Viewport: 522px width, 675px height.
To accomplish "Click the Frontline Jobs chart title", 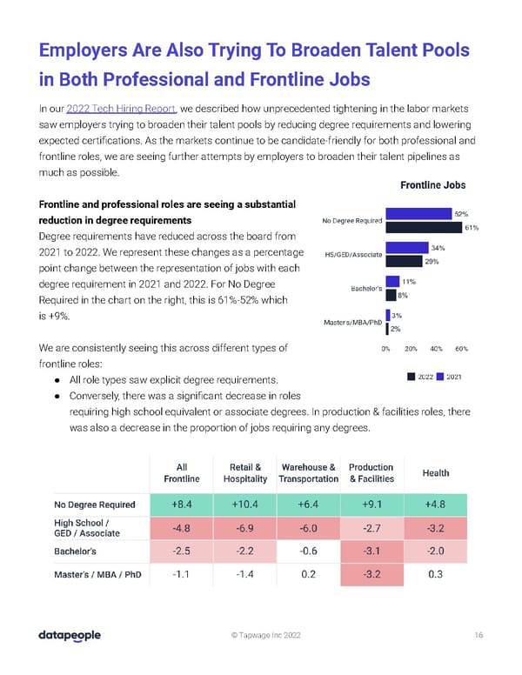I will (432, 185).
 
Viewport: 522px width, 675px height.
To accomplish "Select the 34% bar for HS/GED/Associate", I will (407, 247).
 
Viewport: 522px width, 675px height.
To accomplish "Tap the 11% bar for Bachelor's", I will (392, 281).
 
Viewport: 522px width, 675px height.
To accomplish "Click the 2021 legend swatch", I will (440, 376).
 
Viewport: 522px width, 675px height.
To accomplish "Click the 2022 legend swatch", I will (411, 376).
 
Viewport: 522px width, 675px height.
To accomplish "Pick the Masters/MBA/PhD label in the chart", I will (352, 323).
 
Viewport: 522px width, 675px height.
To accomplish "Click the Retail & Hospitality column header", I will (246, 472).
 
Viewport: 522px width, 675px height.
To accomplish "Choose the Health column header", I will (435, 472).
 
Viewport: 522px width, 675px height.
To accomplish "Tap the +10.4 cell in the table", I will (246, 504).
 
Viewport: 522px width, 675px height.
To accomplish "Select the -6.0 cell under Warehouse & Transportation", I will (309, 529).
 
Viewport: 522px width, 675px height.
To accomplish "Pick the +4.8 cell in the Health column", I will (435, 504).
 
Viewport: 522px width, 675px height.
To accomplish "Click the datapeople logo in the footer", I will (70, 636).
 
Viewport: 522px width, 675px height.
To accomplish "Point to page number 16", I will (478, 636).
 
